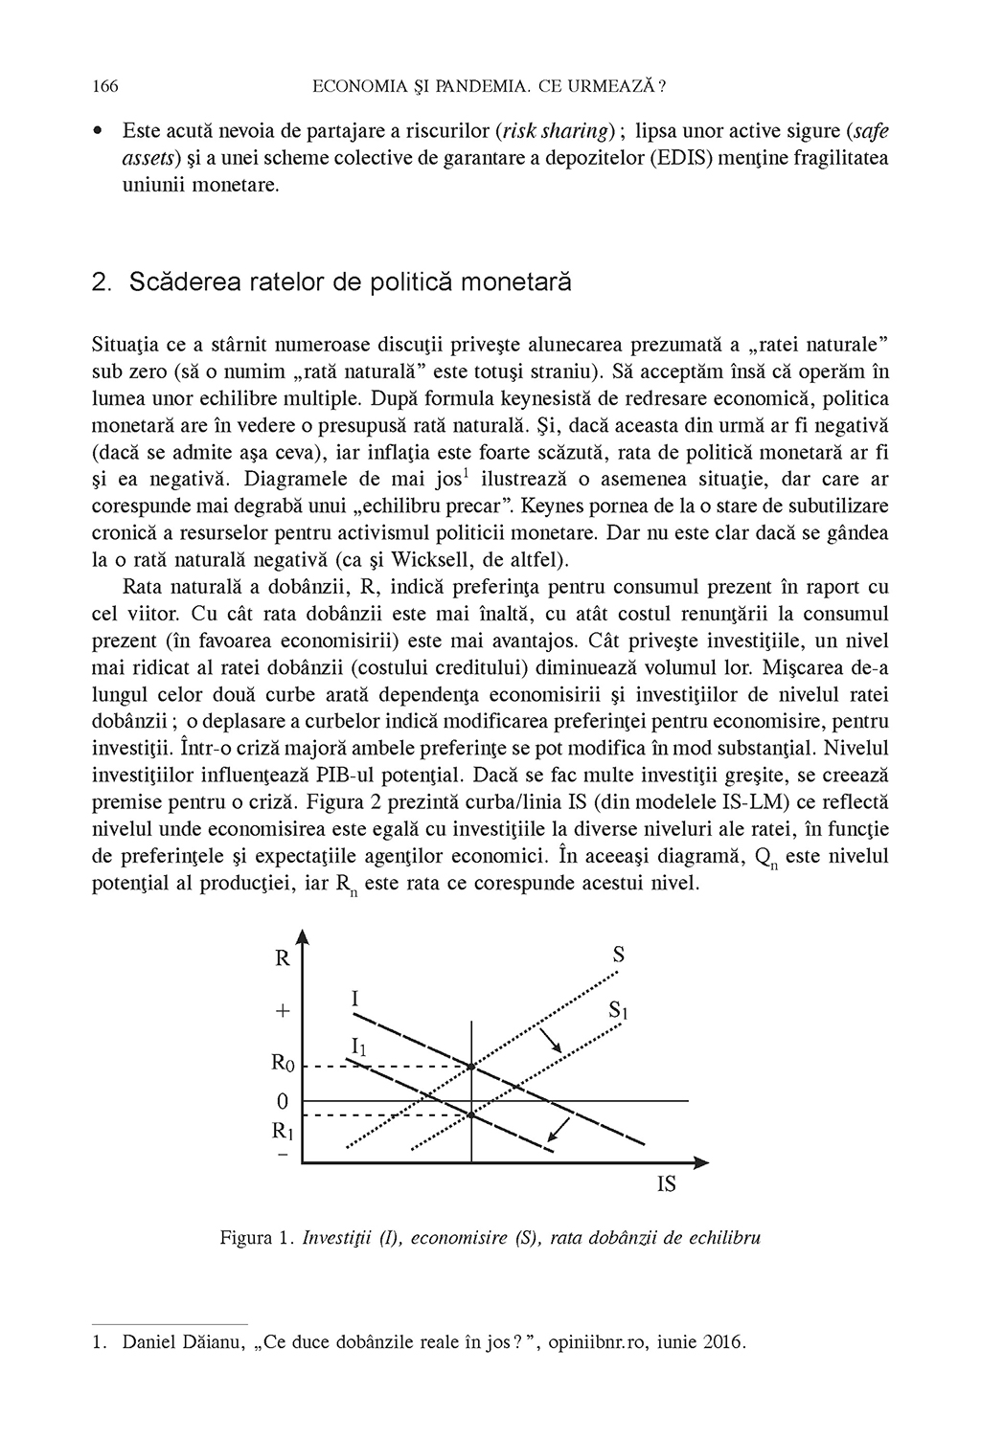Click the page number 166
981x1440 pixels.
point(104,87)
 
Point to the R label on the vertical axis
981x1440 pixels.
point(283,957)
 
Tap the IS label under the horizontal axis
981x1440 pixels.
point(667,1184)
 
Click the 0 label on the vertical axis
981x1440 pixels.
point(283,1102)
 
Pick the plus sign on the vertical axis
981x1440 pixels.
point(283,1011)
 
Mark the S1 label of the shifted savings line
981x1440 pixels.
point(617,1010)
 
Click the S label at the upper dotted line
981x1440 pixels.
point(618,955)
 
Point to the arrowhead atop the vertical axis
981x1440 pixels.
point(303,938)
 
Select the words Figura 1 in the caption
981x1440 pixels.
point(255,1238)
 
